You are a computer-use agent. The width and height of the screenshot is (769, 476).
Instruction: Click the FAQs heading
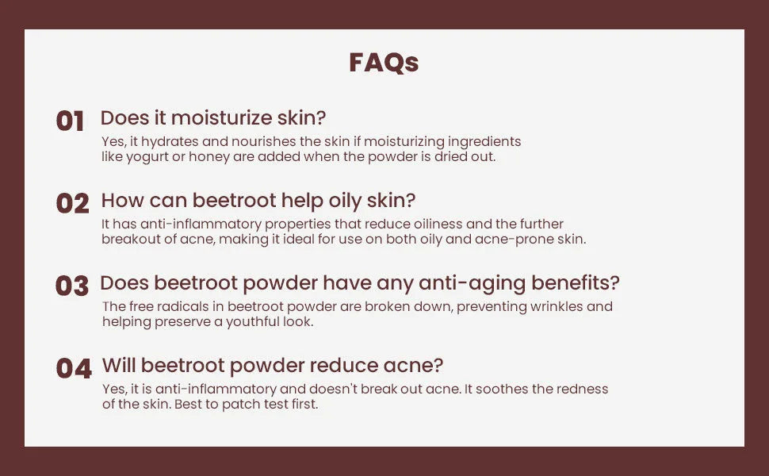tap(384, 63)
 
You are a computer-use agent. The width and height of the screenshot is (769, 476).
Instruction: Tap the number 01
tap(70, 121)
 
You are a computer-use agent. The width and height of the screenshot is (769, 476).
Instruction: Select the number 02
tap(73, 203)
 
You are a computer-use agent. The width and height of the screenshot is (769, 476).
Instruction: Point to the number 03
tap(72, 286)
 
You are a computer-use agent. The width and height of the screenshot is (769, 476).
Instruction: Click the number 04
tap(74, 368)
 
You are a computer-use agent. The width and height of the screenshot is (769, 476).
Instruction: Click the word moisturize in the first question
tap(221, 117)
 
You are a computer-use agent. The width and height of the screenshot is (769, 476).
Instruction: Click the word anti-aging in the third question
tap(472, 284)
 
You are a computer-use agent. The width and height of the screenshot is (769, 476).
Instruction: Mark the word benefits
tap(576, 282)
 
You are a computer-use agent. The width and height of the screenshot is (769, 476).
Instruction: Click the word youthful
tap(252, 322)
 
